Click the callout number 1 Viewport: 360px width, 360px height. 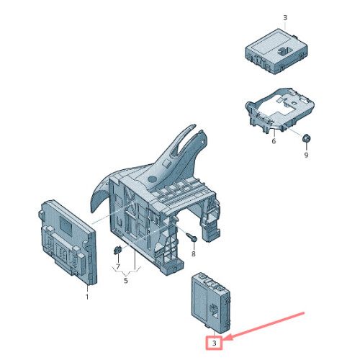(87, 297)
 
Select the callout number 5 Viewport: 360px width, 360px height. (126, 280)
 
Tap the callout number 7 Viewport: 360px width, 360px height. (117, 266)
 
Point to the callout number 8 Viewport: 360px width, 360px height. (194, 253)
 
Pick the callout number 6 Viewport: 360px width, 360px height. (274, 141)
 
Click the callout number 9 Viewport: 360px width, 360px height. (306, 155)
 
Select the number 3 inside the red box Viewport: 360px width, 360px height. (214, 343)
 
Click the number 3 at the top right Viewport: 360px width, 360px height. (285, 18)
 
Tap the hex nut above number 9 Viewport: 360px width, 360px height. (306, 138)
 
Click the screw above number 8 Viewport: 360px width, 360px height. (192, 238)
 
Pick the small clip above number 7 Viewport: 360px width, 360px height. (117, 250)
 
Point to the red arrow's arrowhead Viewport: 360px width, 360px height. (227, 338)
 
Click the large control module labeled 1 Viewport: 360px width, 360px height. (68, 243)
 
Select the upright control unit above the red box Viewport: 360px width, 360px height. (211, 302)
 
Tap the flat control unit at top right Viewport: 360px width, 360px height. (276, 51)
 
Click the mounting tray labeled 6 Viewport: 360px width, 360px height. (279, 109)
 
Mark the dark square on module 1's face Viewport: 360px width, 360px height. (66, 225)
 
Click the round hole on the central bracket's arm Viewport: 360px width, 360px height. (152, 179)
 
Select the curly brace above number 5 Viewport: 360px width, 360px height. (126, 271)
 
